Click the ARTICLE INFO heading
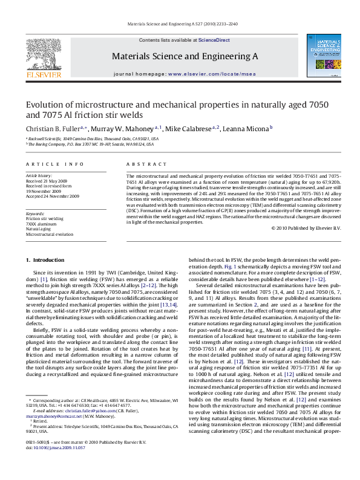point(54,164)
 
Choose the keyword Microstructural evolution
point(50,235)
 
